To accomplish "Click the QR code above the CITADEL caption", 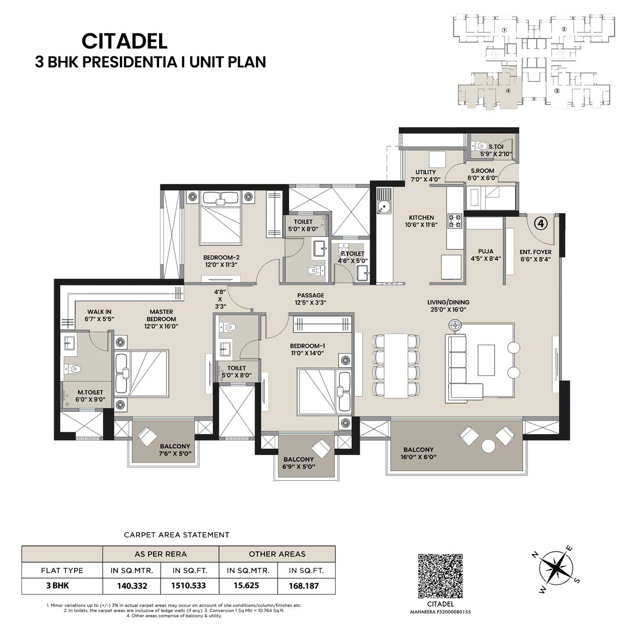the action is (x=440, y=575).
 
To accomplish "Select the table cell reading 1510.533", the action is (x=188, y=586).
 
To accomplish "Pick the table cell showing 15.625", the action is (x=246, y=586).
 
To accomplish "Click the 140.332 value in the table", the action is (x=132, y=586).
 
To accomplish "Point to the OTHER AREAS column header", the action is (x=277, y=554).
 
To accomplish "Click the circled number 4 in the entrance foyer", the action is (x=540, y=223).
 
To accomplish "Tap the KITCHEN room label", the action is (x=422, y=217).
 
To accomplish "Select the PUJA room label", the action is (x=486, y=251).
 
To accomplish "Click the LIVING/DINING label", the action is (x=448, y=302).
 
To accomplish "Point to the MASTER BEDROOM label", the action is (x=161, y=315).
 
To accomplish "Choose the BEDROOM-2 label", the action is (x=221, y=257).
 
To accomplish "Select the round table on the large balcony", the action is (x=488, y=447).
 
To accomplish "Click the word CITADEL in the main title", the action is (x=125, y=41).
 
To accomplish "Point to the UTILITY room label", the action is (x=426, y=172).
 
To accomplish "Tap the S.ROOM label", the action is (x=482, y=171).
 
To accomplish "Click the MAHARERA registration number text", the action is (x=440, y=612).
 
